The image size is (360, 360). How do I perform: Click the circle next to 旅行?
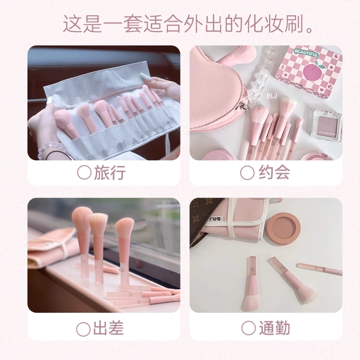tap(84, 172)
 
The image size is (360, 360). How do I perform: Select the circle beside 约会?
tap(247, 172)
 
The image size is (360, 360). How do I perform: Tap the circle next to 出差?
tap(83, 329)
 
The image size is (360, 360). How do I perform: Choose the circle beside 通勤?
tap(248, 328)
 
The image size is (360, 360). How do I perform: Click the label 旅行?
tap(110, 172)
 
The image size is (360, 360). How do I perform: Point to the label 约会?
tap(274, 172)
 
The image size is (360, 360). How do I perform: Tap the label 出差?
tap(108, 328)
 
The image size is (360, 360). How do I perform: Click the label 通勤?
tap(274, 328)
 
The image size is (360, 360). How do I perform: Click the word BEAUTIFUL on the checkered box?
tap(306, 54)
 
